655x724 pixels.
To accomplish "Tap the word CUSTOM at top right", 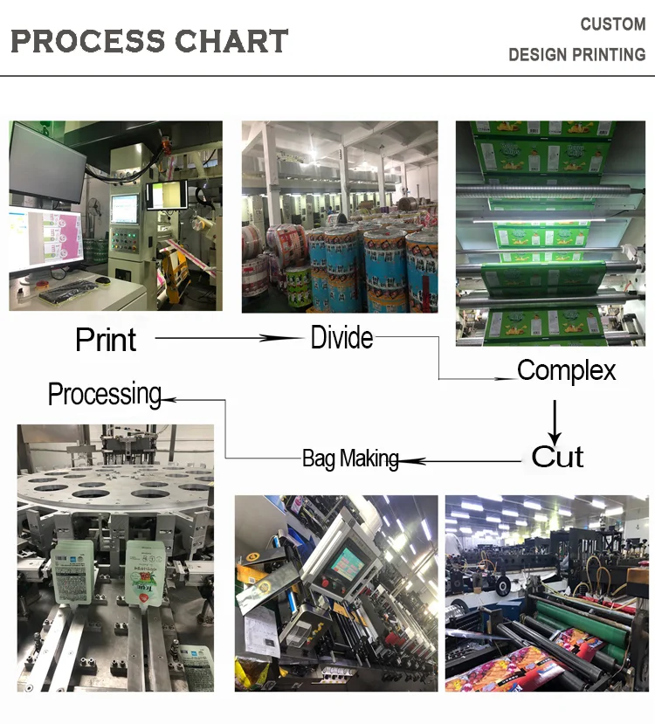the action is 612,24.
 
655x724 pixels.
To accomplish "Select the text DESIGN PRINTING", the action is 576,55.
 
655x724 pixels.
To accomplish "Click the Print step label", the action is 106,340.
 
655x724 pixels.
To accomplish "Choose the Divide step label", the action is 341,337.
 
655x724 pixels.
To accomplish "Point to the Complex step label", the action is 566,370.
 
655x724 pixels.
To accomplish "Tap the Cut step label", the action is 557,456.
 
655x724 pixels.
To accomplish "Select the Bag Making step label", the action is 350,459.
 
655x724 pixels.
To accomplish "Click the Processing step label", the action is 105,394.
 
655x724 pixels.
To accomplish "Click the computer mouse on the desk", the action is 103,280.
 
